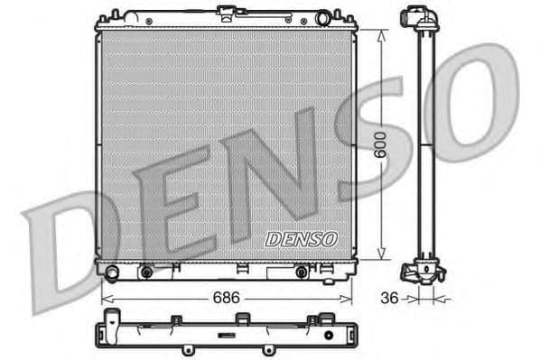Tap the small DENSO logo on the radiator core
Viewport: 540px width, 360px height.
coord(301,239)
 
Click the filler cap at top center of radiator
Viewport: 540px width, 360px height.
coord(227,12)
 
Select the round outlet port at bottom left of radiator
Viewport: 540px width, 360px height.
coord(111,272)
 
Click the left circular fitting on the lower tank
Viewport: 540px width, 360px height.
coord(144,272)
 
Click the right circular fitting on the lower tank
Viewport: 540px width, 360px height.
coord(301,272)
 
